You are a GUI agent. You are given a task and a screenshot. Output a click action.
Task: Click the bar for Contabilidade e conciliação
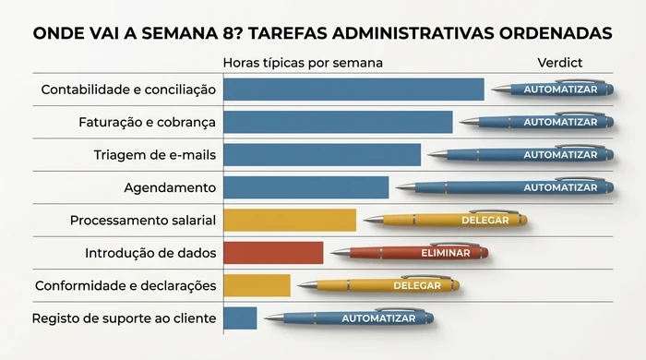[353, 90]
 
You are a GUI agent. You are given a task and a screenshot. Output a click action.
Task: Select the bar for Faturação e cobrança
[338, 122]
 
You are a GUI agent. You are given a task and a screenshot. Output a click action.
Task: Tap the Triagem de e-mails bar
[322, 155]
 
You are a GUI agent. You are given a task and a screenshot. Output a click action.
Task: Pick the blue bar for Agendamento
[305, 187]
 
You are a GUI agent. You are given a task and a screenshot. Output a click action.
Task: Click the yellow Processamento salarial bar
[290, 220]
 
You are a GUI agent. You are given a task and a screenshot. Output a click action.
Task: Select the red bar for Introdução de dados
[273, 253]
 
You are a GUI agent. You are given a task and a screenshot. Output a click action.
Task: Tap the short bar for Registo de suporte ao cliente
[240, 318]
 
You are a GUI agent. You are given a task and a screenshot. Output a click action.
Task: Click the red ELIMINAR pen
[411, 252]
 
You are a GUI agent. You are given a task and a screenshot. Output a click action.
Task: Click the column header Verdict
[559, 63]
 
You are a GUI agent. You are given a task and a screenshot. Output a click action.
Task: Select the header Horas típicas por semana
[303, 63]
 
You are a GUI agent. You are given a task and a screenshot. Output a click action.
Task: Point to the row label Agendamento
[170, 187]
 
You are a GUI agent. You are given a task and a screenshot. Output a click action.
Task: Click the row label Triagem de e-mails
[155, 155]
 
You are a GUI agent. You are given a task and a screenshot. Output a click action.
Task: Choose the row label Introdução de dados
[150, 253]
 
